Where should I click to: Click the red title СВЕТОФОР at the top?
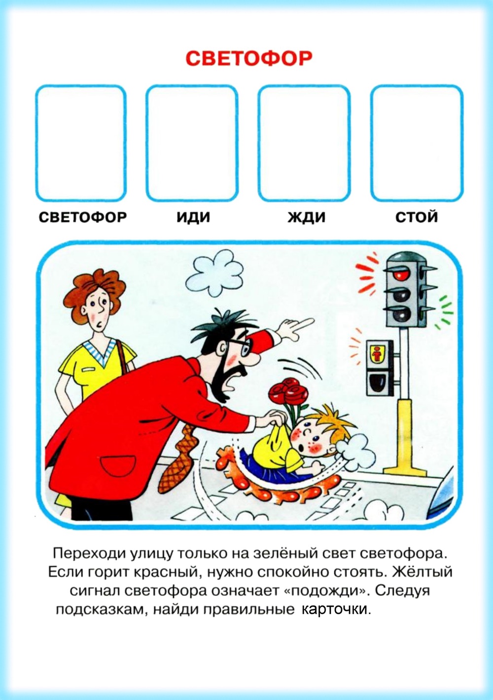pos(249,59)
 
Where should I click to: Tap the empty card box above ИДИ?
pos(192,143)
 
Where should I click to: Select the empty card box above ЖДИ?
pos(304,143)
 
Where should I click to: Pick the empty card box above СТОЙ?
pos(417,143)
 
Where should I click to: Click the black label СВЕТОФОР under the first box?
pos(82,217)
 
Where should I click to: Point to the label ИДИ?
pos(193,217)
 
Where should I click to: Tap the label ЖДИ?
pos(306,217)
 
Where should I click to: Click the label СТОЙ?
pos(417,216)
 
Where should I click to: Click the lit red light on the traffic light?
pos(401,275)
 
